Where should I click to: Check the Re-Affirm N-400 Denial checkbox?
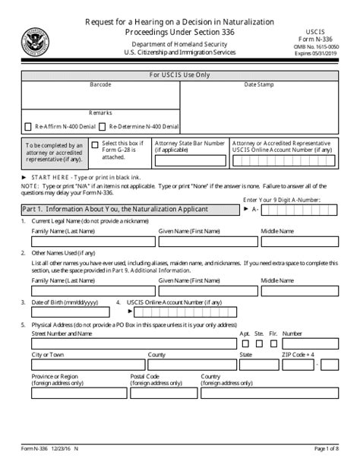pos(30,126)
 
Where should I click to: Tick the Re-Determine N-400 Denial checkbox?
pos(103,126)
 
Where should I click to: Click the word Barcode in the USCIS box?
pos(99,84)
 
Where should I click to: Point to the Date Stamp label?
pos(257,84)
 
